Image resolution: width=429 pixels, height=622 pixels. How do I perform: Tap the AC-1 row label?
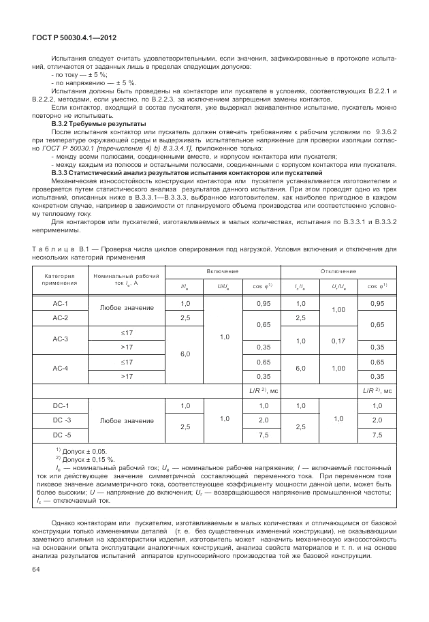coord(61,302)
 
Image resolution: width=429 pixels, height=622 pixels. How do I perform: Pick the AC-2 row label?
coord(61,318)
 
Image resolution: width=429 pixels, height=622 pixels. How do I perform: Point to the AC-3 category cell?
coord(61,339)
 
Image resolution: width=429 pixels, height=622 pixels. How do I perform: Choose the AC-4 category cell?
coord(61,369)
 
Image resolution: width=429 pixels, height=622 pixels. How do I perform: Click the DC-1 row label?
coord(61,406)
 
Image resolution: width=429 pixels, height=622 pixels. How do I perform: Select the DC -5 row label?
coord(61,435)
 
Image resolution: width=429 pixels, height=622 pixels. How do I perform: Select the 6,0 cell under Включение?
coord(185,354)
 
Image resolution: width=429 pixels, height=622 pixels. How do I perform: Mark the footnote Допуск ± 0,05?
coord(85,451)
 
